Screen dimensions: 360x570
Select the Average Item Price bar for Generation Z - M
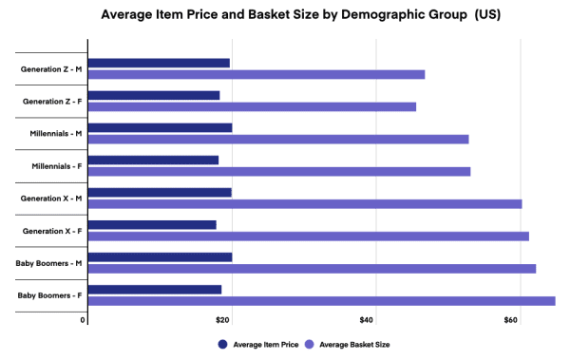[x=159, y=63]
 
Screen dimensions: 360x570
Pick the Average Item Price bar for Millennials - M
[x=160, y=127]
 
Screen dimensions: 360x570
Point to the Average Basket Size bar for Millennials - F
[x=279, y=171]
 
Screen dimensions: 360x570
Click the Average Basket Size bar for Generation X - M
[x=305, y=203]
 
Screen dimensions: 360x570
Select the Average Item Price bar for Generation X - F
[x=152, y=224]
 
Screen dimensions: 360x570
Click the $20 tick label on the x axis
[x=224, y=320]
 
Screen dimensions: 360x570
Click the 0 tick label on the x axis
[x=85, y=320]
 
